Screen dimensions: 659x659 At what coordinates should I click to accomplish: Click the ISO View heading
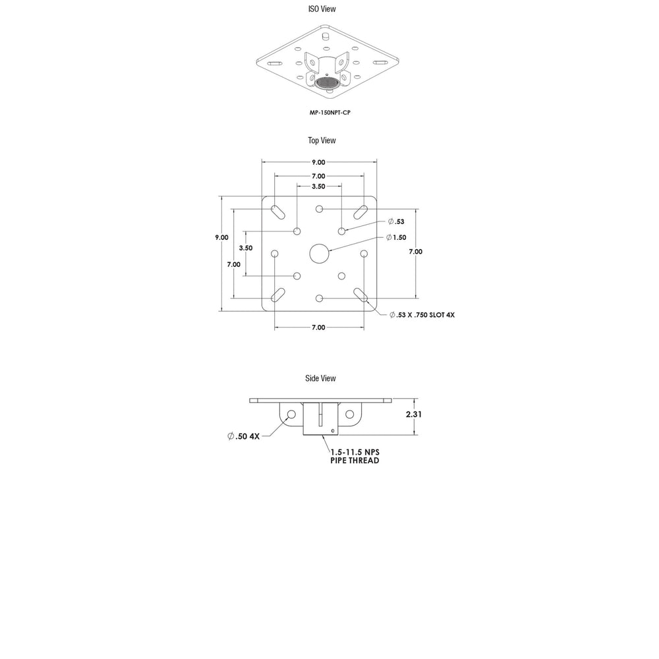322,9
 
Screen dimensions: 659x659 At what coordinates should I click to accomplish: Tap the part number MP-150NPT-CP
330,113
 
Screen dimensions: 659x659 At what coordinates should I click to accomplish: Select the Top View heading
322,140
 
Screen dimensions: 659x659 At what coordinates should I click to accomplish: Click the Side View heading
321,378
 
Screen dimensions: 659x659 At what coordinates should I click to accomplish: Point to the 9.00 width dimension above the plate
318,162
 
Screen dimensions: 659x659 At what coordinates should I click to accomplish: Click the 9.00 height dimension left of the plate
222,237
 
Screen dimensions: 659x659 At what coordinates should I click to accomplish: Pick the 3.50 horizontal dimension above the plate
318,186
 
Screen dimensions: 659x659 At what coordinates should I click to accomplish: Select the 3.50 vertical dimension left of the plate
246,248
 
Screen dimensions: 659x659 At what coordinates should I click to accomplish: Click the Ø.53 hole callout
396,221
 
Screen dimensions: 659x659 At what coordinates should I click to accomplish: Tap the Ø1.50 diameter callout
396,237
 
